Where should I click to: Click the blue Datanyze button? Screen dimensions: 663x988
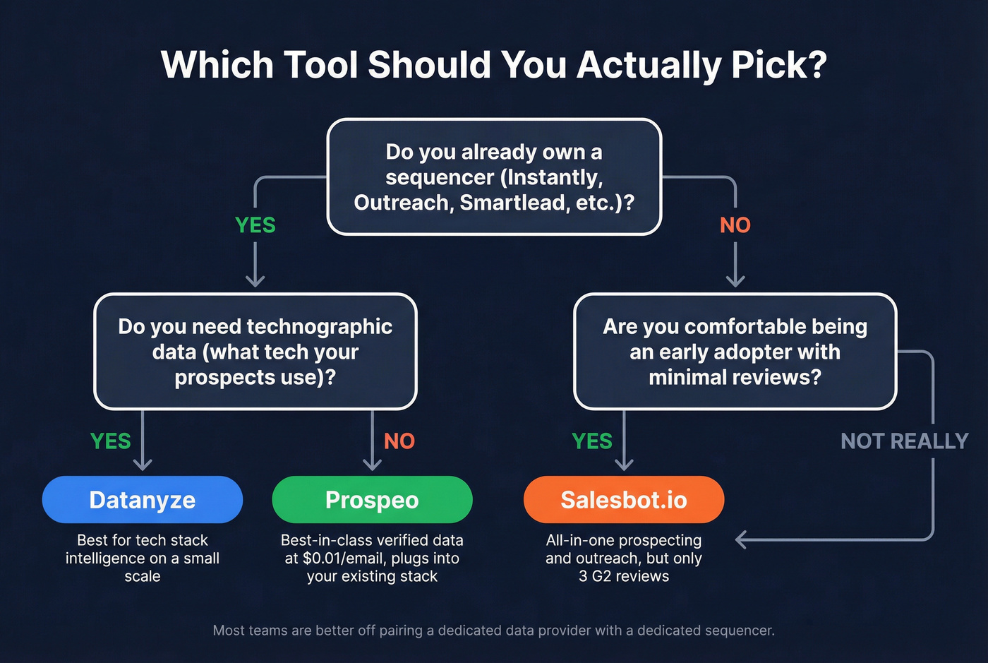tap(143, 500)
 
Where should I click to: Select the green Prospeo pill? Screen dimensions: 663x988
tap(372, 500)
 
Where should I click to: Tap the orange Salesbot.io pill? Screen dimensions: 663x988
tap(624, 500)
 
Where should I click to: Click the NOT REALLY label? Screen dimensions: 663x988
tap(904, 441)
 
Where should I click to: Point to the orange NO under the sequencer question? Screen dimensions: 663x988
tap(735, 225)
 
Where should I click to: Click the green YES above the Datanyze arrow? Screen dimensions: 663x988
tap(111, 441)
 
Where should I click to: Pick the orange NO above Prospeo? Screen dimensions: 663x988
tap(399, 441)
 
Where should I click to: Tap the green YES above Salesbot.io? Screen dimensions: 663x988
tap(592, 441)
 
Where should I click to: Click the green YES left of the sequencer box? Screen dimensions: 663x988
tap(255, 225)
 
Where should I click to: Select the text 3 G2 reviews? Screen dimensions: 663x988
tap(624, 576)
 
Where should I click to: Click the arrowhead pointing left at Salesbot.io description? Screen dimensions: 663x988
tap(741, 540)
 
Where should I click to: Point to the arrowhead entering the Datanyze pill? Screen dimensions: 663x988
tap(143, 465)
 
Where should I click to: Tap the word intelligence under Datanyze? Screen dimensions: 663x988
tap(106, 559)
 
